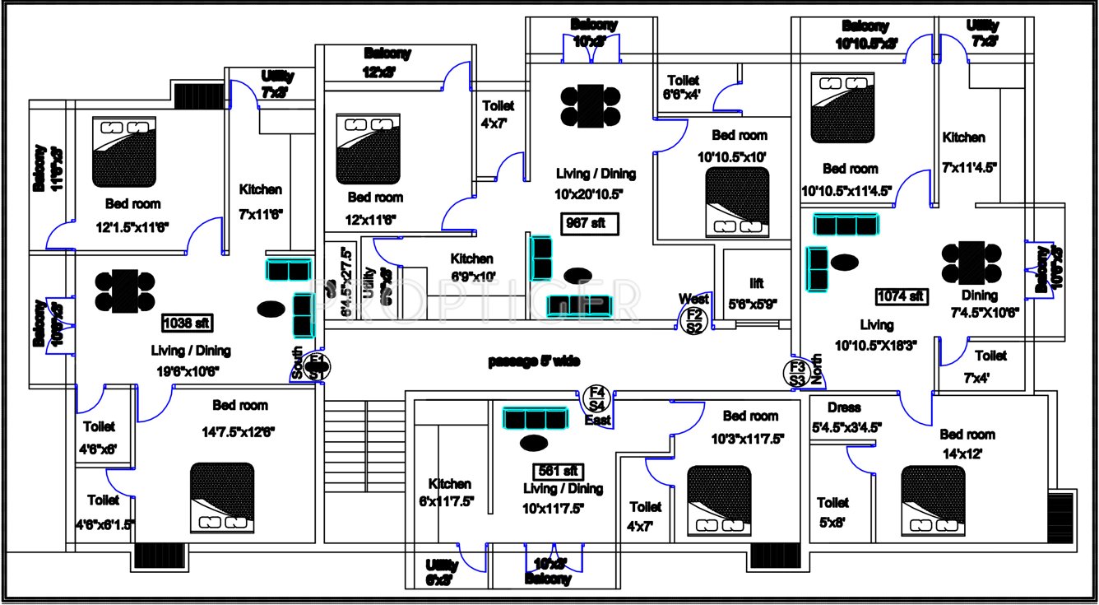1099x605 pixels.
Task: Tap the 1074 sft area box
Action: pyautogui.click(x=901, y=296)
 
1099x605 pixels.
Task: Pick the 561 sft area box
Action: pyautogui.click(x=559, y=472)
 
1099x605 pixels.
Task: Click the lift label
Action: pyautogui.click(x=756, y=284)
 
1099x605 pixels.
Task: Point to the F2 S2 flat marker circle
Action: pyautogui.click(x=693, y=320)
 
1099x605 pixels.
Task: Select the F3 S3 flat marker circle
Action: pyautogui.click(x=796, y=374)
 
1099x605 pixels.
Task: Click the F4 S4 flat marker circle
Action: pyautogui.click(x=597, y=398)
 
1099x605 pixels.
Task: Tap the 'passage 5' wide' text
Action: pyautogui.click(x=535, y=361)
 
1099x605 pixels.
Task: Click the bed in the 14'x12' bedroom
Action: pyautogui.click(x=932, y=498)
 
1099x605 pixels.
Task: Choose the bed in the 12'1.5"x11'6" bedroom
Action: pyautogui.click(x=124, y=151)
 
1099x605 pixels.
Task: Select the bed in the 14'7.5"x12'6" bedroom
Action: pyautogui.click(x=222, y=496)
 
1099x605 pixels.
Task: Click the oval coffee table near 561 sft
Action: pyautogui.click(x=534, y=444)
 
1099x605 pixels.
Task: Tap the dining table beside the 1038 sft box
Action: pyautogui.click(x=125, y=291)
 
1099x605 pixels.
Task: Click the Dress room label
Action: pyautogui.click(x=844, y=407)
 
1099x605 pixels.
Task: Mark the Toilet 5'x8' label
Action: pyautogui.click(x=832, y=510)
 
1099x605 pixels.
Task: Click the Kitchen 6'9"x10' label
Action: pyautogui.click(x=471, y=267)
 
